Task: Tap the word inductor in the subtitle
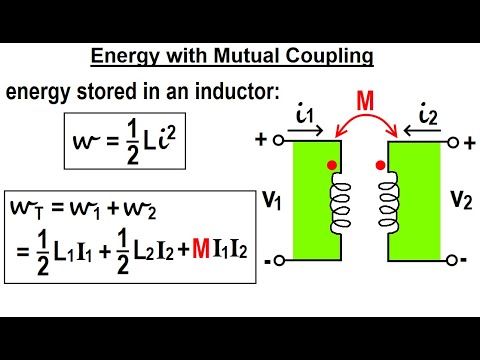coord(242,93)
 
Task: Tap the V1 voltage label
coord(269,199)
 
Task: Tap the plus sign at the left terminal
coord(263,141)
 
